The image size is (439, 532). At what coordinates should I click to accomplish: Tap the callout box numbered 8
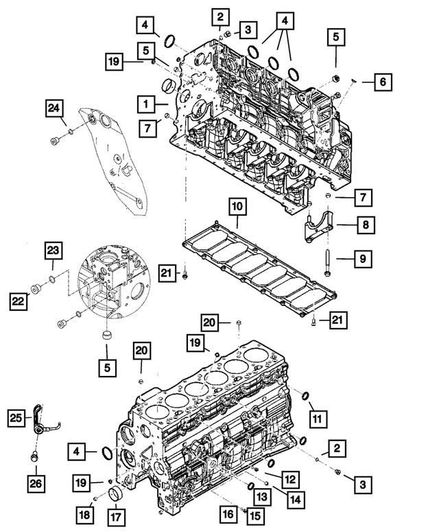pyautogui.click(x=364, y=224)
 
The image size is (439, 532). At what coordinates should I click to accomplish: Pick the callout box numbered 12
pyautogui.click(x=289, y=477)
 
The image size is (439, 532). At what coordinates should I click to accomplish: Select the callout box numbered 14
pyautogui.click(x=295, y=501)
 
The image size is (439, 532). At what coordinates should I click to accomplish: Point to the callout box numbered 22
pyautogui.click(x=19, y=299)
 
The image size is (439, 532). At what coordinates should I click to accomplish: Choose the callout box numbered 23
pyautogui.click(x=54, y=253)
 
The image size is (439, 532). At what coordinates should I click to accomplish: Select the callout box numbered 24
pyautogui.click(x=54, y=107)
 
